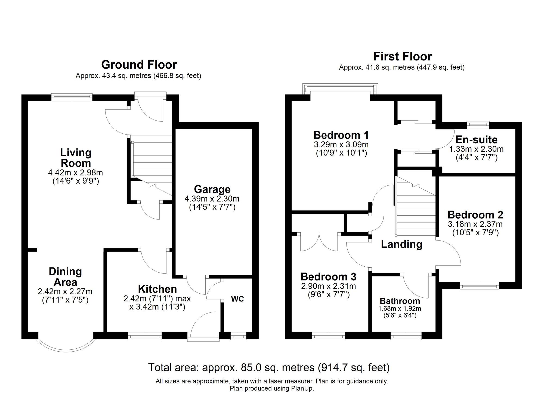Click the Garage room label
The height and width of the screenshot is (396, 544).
(x=212, y=189)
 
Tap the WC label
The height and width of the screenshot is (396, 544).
(x=237, y=299)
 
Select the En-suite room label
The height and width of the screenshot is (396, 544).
(x=476, y=140)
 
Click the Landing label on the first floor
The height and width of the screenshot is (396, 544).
(x=401, y=244)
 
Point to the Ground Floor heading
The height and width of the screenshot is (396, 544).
(x=139, y=65)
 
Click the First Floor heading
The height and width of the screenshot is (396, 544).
(x=402, y=57)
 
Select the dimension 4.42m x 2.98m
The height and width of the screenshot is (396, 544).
(x=75, y=173)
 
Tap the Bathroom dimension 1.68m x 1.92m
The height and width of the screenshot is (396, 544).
(x=400, y=309)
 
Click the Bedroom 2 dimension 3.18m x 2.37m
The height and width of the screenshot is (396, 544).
(x=475, y=224)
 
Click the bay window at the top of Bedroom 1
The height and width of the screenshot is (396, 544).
(x=340, y=89)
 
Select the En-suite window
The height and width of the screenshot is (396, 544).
(x=478, y=125)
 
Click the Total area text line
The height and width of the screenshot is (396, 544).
(x=269, y=368)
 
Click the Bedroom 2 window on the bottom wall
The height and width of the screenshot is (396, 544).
(x=479, y=286)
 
